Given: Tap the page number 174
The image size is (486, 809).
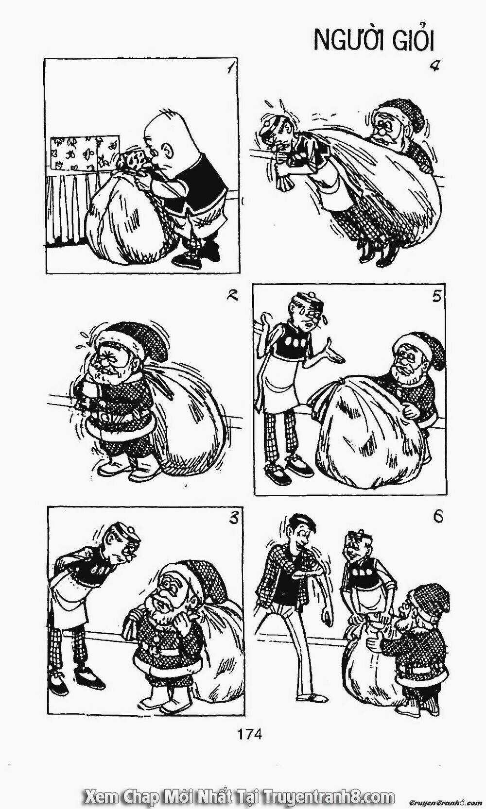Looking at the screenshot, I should point(250,734).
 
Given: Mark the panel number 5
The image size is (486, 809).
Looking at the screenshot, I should point(436,296).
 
